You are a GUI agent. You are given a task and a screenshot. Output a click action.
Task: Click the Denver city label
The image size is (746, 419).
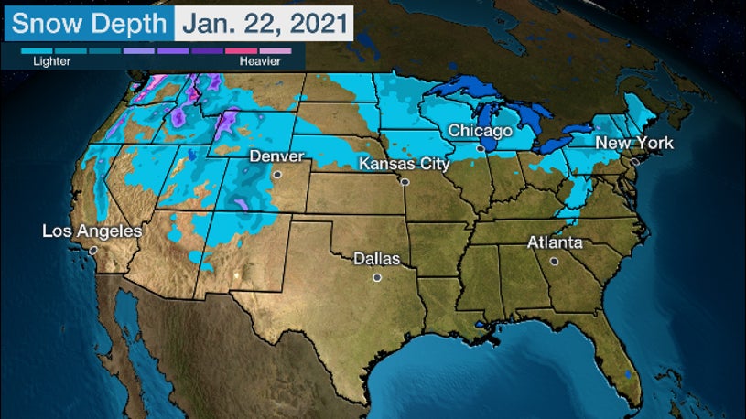[x=276, y=156]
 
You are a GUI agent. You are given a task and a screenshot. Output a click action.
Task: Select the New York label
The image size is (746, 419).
[x=634, y=143]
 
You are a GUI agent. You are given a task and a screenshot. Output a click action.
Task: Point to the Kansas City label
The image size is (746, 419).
[x=404, y=164]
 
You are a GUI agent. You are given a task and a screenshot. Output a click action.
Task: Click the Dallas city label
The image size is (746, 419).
[x=377, y=259]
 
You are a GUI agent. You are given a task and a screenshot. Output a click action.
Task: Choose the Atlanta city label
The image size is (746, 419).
[x=555, y=243]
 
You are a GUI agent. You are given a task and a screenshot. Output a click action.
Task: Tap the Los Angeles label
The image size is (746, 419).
[x=92, y=231]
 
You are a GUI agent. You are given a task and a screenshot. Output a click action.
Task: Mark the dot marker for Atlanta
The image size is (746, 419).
[x=554, y=261]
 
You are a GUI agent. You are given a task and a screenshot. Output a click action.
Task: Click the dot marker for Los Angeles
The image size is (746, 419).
[x=92, y=249]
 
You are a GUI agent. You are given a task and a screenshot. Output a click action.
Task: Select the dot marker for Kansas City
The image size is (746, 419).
[x=404, y=181]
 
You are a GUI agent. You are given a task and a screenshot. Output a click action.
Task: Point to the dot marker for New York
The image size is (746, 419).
[x=634, y=161]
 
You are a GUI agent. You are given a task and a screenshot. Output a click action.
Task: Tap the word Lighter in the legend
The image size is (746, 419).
[x=51, y=61]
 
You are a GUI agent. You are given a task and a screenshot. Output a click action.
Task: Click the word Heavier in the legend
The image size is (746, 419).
[x=259, y=61]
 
